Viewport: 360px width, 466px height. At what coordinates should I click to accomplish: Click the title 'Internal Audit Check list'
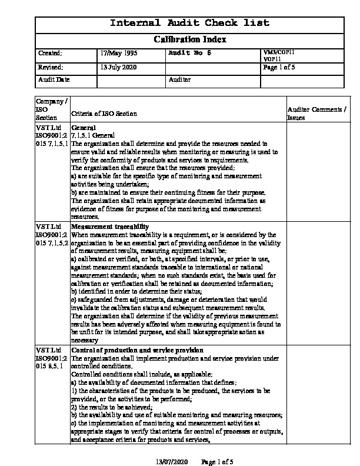tap(190, 24)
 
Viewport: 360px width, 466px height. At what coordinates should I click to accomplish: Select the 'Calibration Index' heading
tap(190, 39)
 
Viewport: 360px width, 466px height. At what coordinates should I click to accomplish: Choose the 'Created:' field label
tap(50, 54)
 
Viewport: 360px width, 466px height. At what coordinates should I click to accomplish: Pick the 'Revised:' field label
tap(50, 67)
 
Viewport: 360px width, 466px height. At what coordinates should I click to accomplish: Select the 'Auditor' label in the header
tap(179, 79)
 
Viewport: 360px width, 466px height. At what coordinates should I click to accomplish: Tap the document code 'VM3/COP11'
tap(279, 52)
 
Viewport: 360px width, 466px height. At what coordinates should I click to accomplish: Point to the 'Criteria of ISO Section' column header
tap(104, 114)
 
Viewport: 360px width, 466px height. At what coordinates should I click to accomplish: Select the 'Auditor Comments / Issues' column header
tap(316, 114)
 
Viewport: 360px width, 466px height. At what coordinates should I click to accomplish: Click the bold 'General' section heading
tap(83, 127)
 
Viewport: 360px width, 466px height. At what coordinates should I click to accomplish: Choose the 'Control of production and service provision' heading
tap(137, 350)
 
